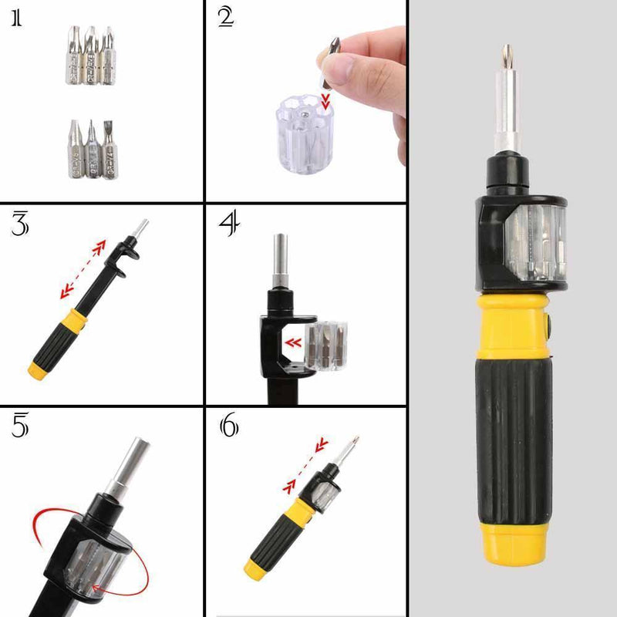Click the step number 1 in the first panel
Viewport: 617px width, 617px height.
[16, 19]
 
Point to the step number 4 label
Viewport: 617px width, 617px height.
[228, 224]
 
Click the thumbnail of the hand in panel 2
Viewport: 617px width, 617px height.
[343, 70]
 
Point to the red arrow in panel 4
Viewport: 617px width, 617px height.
[292, 343]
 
